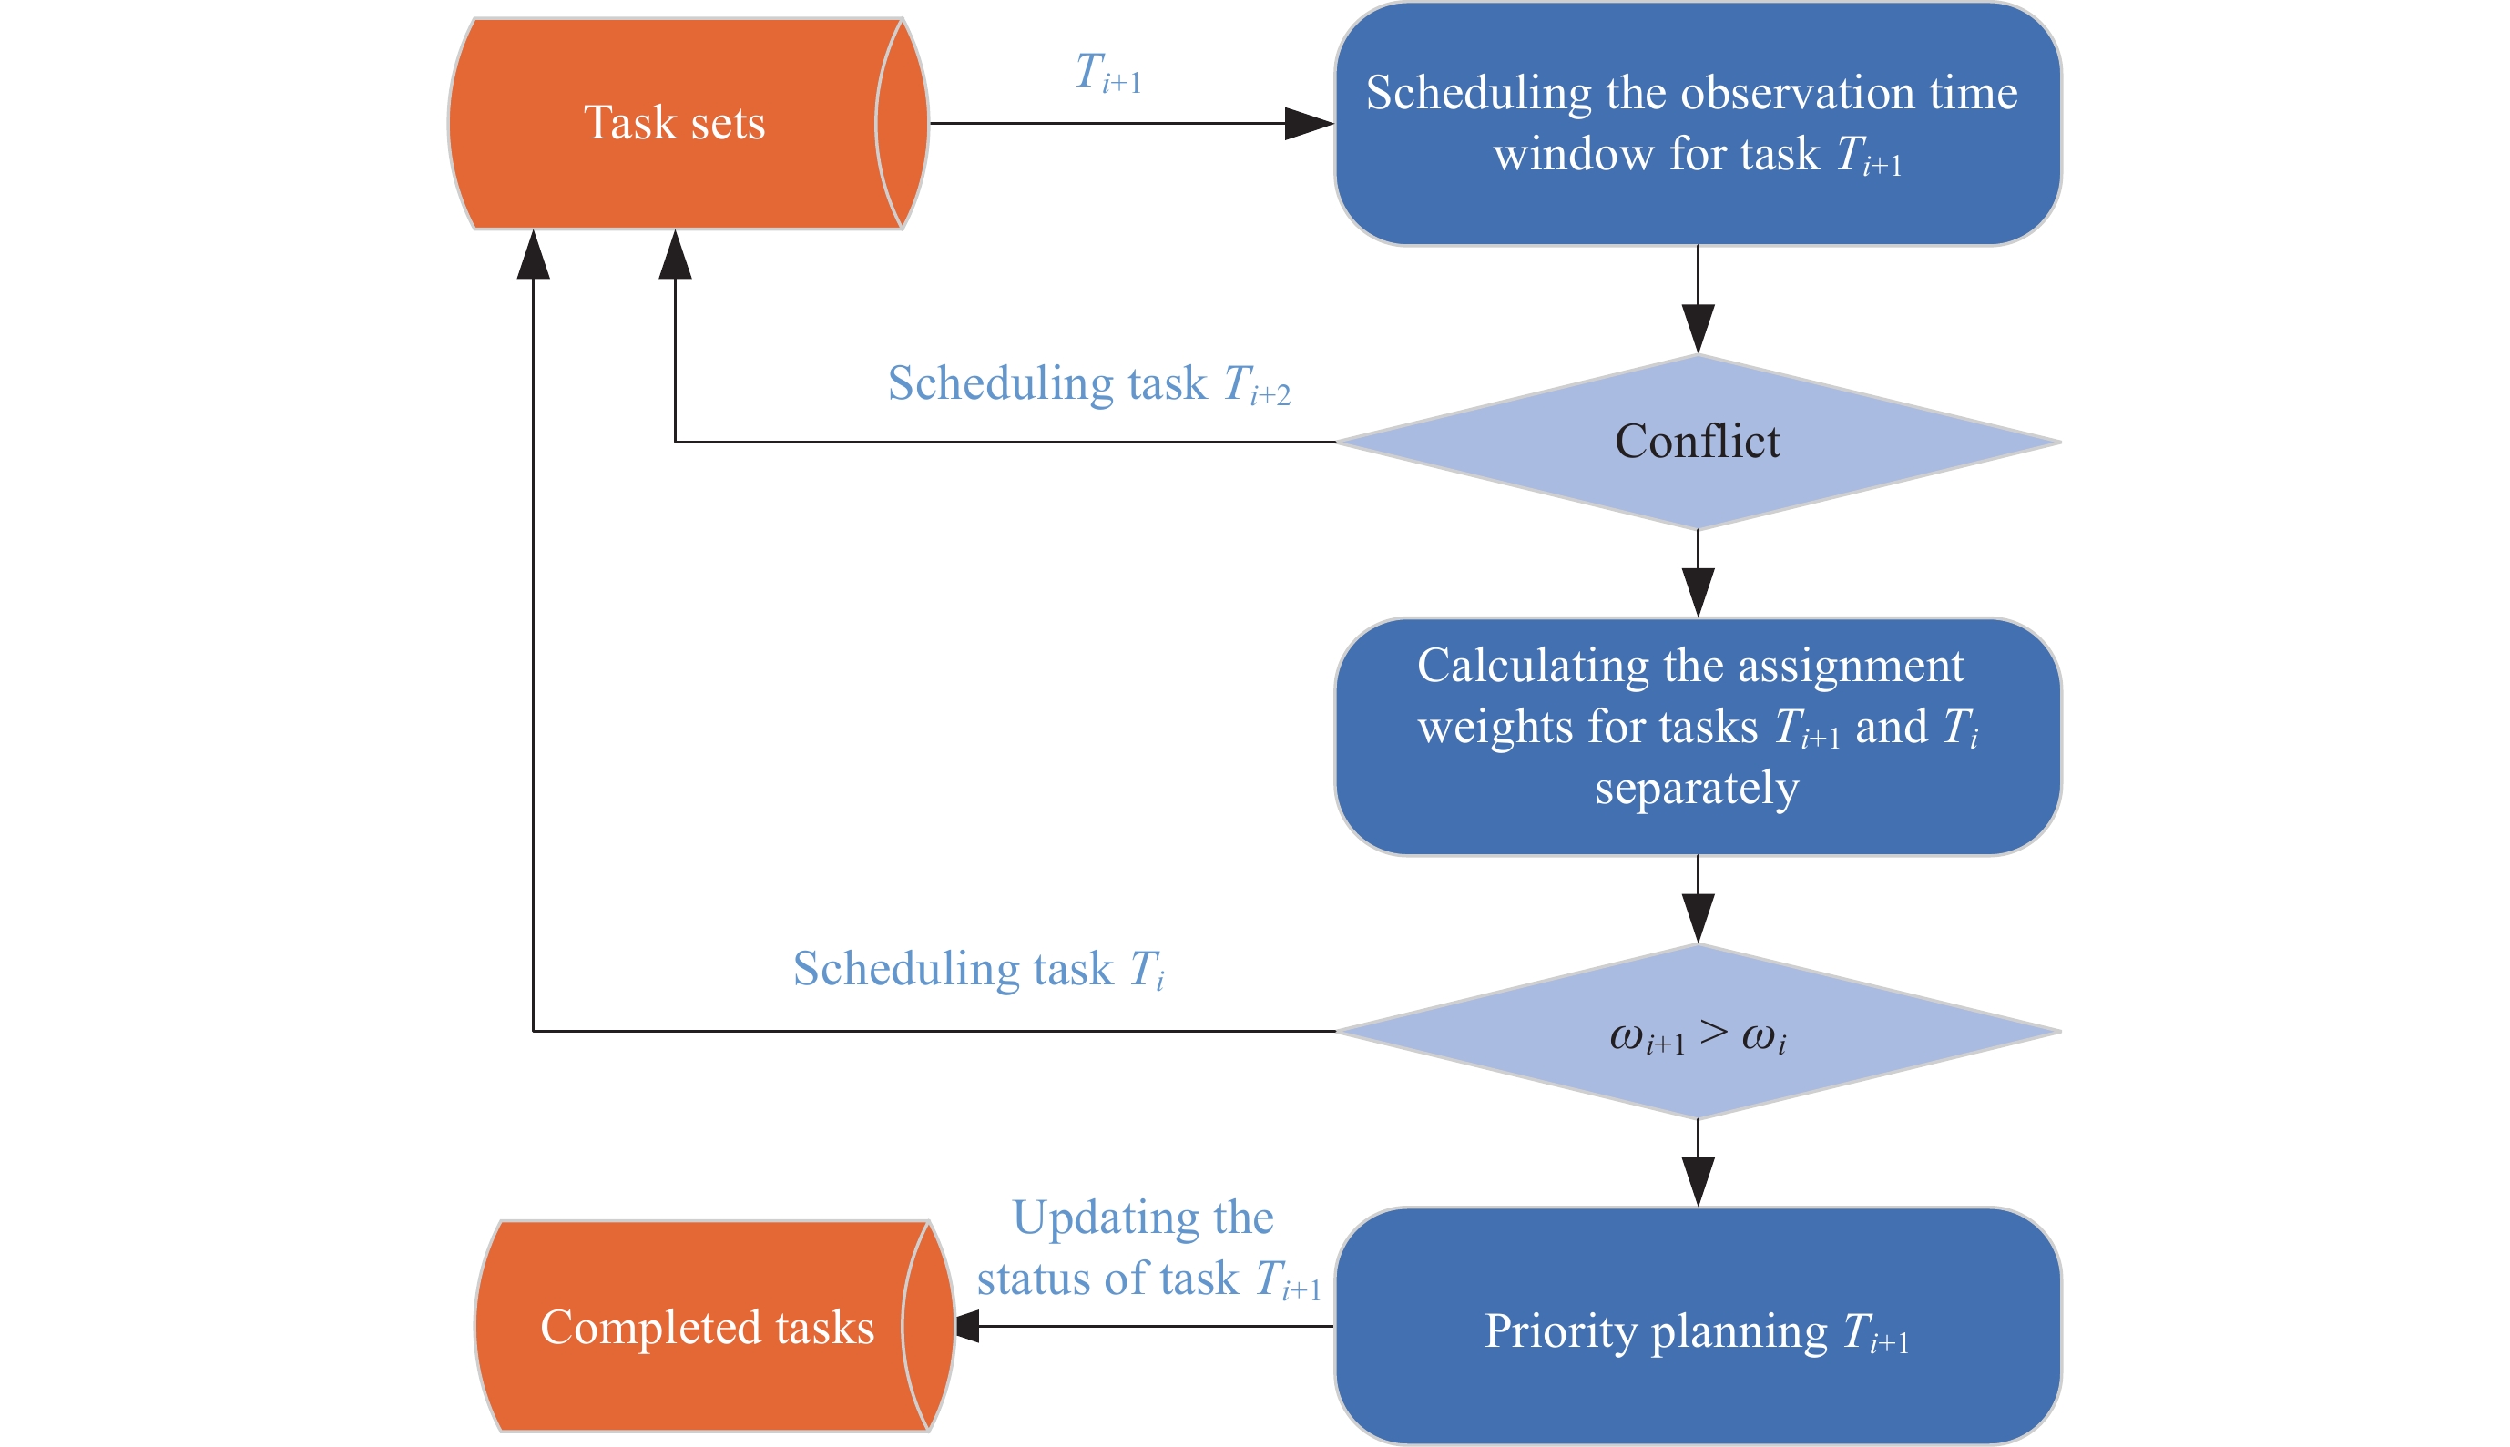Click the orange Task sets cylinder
676,123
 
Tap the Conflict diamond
1698,442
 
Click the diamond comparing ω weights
1698,1032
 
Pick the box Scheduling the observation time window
1698,123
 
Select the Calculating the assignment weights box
1698,736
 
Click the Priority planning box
1698,1326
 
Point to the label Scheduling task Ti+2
1088,384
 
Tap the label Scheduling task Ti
978,969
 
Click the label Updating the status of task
1148,1248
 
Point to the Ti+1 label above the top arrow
1108,74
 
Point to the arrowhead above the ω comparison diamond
1698,918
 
